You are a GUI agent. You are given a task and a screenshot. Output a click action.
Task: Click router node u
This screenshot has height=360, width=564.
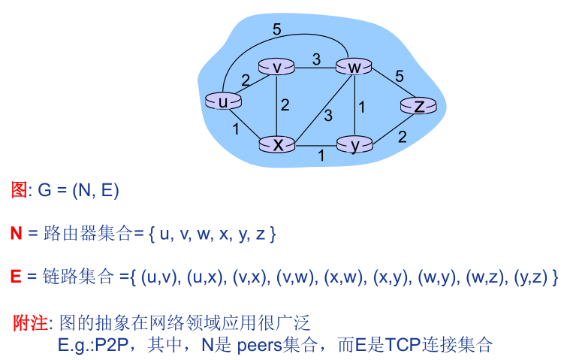tap(223, 101)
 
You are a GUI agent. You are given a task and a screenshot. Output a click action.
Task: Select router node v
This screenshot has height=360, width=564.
tap(276, 68)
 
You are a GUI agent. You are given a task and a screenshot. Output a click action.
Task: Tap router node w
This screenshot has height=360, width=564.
tap(355, 68)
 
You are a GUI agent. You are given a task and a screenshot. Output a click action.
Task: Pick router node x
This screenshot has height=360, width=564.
tap(278, 144)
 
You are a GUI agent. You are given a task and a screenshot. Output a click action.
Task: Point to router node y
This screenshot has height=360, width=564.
tap(355, 144)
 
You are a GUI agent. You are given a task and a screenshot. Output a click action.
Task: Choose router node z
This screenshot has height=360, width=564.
tap(419, 106)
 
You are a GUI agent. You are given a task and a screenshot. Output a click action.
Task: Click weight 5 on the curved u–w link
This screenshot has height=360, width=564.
tap(277, 30)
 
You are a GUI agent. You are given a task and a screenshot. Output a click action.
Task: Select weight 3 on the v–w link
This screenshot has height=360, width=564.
tap(316, 59)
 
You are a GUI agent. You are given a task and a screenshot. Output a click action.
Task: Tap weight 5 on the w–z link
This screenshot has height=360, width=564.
tap(400, 76)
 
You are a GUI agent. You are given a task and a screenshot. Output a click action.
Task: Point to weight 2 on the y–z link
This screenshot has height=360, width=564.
tap(403, 137)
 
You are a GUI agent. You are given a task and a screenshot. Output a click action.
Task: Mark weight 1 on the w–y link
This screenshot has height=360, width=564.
tap(362, 107)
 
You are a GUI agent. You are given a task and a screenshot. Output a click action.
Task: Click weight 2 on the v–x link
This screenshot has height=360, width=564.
tap(285, 105)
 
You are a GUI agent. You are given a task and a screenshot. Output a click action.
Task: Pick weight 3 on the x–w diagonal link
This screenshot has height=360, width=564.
tap(327, 115)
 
